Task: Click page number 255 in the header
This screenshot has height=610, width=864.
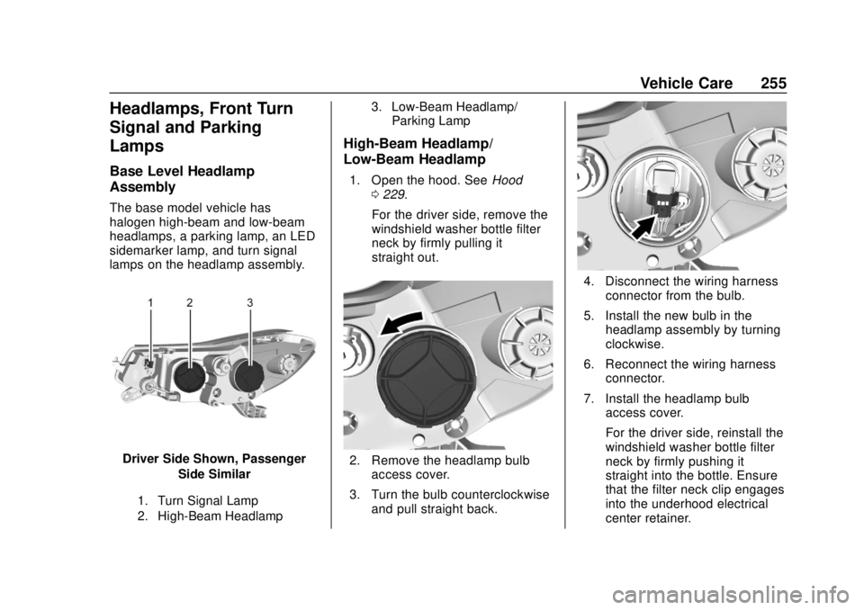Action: [x=773, y=83]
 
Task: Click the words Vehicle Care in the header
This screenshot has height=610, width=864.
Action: [x=686, y=83]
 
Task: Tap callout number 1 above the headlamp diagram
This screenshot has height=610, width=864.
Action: [x=151, y=302]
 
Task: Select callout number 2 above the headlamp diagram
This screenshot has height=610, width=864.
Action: [x=190, y=302]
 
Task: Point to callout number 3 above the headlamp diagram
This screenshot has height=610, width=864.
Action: [x=250, y=302]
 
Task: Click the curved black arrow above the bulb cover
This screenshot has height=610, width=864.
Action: [x=401, y=323]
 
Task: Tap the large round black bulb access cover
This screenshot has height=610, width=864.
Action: [x=428, y=376]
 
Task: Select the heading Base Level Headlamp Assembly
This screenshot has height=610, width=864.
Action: [x=182, y=179]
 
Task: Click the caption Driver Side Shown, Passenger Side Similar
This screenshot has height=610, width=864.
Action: [x=214, y=466]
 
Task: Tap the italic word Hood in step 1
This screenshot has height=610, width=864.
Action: [x=507, y=180]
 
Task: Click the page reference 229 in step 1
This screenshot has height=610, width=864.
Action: [x=393, y=194]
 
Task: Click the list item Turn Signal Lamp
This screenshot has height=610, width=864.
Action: [x=208, y=501]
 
